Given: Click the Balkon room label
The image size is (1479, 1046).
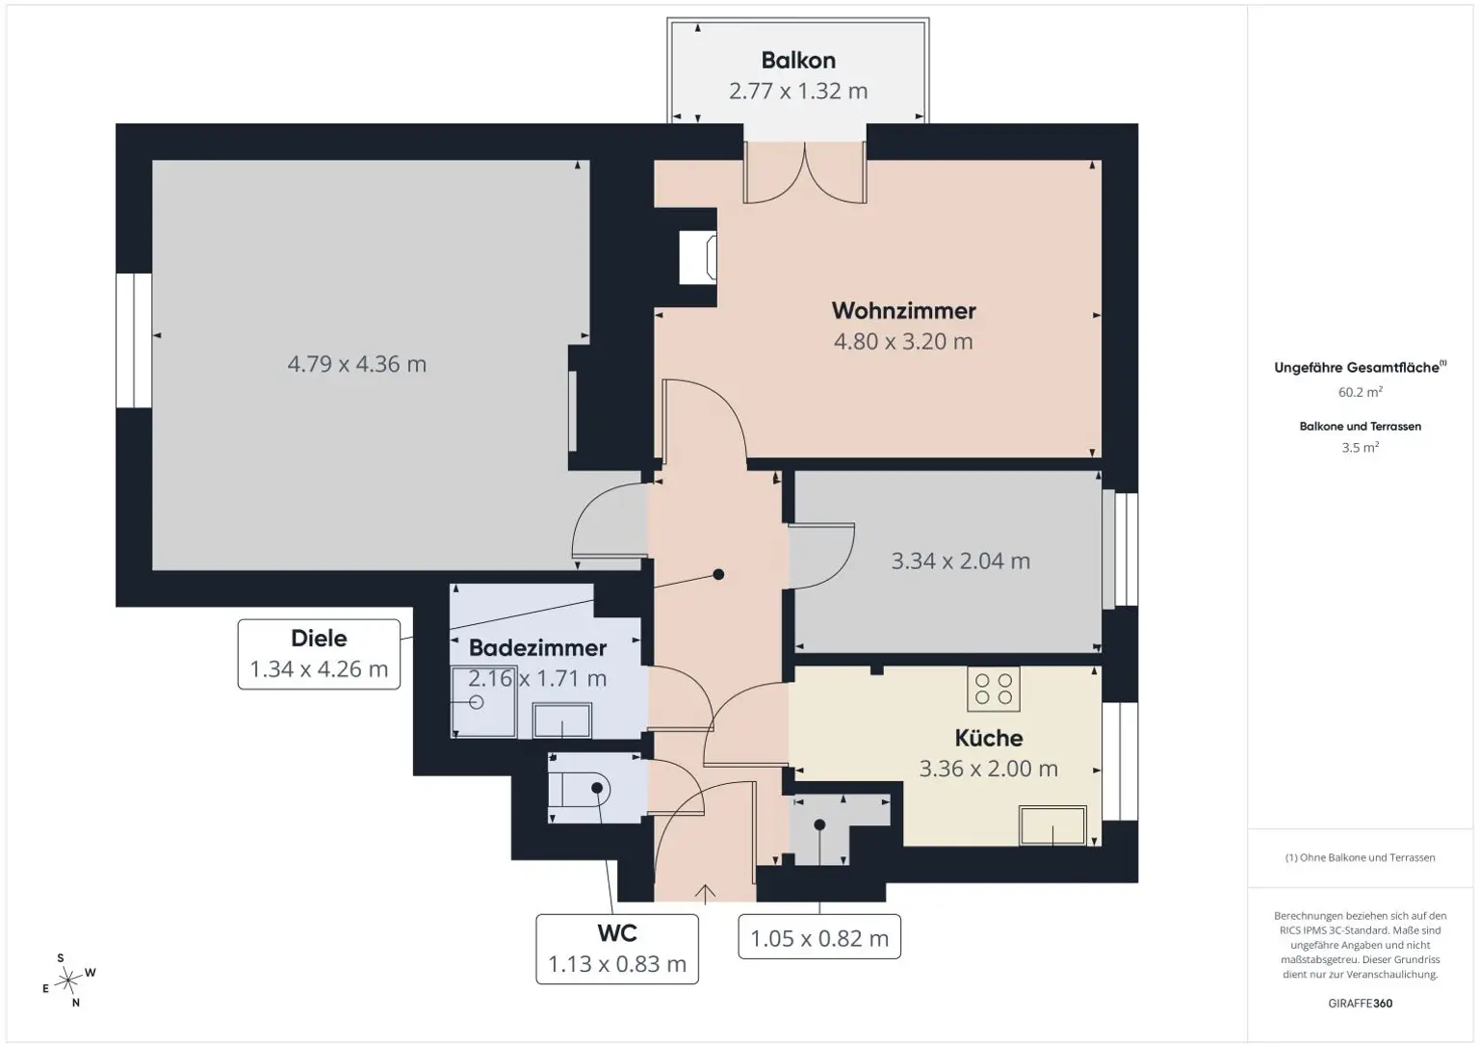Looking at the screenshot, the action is tap(798, 60).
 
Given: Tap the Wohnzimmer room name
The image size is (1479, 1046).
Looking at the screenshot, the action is tap(903, 310).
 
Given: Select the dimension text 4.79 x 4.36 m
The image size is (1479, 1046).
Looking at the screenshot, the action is tap(356, 364).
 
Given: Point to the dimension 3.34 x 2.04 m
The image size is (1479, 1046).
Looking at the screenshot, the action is tap(961, 561).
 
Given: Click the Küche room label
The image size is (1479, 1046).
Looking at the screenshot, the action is tap(989, 738).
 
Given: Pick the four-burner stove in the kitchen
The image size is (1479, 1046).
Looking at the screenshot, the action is tap(993, 689).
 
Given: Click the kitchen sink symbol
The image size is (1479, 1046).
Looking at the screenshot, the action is tap(1052, 825).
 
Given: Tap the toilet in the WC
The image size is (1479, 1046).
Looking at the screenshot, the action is tap(580, 789).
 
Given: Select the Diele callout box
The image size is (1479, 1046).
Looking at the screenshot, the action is tap(319, 654).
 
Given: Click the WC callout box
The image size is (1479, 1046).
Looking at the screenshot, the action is tap(617, 949).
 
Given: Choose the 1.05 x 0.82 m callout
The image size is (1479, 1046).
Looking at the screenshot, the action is tap(819, 937).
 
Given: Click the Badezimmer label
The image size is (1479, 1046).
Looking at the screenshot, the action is tap(537, 648).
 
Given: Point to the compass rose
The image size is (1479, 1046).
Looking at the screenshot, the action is tap(68, 981).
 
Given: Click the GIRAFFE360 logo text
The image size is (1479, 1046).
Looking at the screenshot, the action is tap(1361, 1003).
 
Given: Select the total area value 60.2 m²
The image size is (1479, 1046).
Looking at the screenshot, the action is tap(1361, 392).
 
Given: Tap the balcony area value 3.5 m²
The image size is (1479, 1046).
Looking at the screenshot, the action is tap(1361, 447).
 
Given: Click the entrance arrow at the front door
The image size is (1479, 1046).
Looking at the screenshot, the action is tap(705, 894).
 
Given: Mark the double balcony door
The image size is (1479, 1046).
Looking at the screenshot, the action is tap(805, 173).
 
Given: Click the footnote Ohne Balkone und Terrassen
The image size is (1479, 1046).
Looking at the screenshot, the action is tap(1361, 857).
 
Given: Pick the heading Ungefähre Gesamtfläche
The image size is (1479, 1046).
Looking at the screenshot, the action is tap(1361, 367).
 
